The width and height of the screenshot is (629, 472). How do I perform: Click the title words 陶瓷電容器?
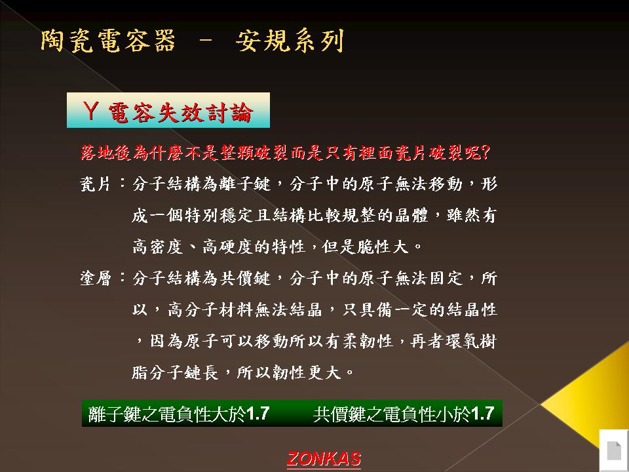coord(108,41)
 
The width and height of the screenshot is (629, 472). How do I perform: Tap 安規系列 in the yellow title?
coord(290,41)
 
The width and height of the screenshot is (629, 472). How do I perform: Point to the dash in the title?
coord(205,40)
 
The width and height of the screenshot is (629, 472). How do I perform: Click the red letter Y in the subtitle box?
coord(90,110)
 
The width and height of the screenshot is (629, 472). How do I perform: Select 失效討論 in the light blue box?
coord(205,112)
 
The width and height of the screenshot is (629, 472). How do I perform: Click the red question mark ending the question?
coord(485,152)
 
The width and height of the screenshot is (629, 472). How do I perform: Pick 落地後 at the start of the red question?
coord(105,153)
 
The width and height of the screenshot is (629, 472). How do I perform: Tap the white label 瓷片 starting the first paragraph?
coord(95,184)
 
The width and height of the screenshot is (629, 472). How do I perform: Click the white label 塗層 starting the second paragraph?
coord(95,278)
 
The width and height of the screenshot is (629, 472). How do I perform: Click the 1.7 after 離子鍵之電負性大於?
coord(257,414)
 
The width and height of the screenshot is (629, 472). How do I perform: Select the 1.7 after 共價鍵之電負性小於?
coord(482,414)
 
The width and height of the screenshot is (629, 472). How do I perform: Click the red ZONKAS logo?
coord(324,459)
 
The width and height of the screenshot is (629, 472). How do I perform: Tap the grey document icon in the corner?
coord(614,450)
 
